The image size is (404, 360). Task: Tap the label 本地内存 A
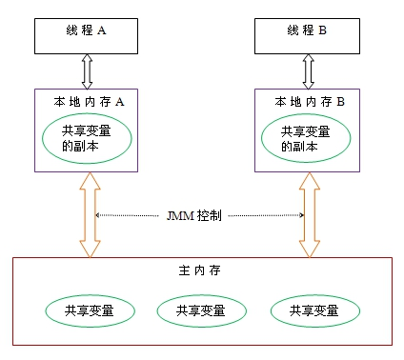click(87, 99)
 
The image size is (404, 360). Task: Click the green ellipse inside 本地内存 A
click(88, 139)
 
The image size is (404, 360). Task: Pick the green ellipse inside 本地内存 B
click(309, 139)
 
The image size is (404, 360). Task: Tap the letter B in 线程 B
click(323, 30)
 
